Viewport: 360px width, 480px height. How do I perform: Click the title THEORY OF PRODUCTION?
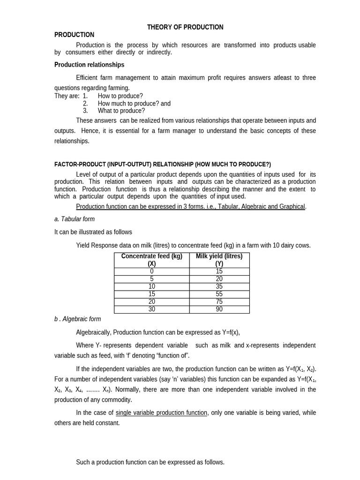(x=185, y=27)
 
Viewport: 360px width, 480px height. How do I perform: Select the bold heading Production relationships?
(x=89, y=65)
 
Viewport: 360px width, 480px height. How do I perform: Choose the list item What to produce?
(x=121, y=111)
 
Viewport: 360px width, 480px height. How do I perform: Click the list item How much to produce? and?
(x=134, y=104)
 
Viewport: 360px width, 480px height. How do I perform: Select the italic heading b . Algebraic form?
(x=77, y=319)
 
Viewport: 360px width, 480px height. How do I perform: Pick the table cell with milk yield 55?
(x=219, y=294)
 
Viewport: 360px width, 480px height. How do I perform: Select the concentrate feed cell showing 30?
(x=151, y=309)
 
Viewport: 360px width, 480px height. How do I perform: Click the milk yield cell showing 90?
(x=219, y=309)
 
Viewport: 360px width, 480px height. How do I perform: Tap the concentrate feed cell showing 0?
(x=151, y=271)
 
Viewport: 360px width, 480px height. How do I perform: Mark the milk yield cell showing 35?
(x=219, y=286)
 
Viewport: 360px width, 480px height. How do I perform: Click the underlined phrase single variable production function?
(x=161, y=413)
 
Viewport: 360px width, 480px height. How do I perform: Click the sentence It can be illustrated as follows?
(x=93, y=232)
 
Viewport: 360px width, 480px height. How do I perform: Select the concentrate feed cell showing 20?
(x=151, y=302)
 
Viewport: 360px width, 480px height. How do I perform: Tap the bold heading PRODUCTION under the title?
(x=74, y=35)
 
